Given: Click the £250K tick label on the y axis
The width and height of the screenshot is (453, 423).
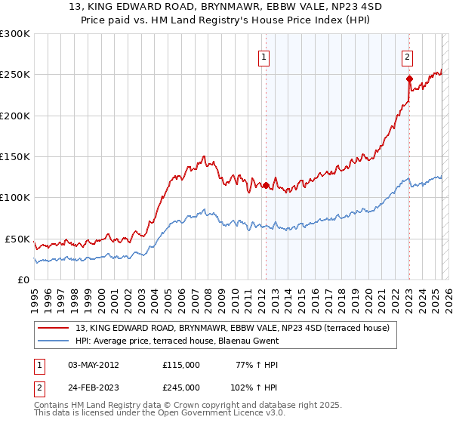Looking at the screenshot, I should pos(15,75).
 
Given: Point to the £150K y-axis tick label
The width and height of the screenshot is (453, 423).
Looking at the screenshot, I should pos(15,157).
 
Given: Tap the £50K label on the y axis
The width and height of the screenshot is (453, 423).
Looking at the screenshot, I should pos(18,239).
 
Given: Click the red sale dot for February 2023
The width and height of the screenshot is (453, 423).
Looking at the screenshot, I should pos(408,79).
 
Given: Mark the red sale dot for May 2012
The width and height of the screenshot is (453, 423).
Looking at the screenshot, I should pos(266,185).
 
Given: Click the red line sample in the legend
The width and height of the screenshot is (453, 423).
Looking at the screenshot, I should pos(54,328).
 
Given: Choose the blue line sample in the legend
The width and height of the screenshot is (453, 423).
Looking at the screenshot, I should pos(54,341).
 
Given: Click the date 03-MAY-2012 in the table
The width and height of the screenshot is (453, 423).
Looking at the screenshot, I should pos(94,364).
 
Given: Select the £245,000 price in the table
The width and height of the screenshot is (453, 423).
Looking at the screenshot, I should pos(181,387).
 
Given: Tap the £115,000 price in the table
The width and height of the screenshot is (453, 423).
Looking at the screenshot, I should pos(181,364).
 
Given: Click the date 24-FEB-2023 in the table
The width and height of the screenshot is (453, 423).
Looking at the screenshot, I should pos(94,387).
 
